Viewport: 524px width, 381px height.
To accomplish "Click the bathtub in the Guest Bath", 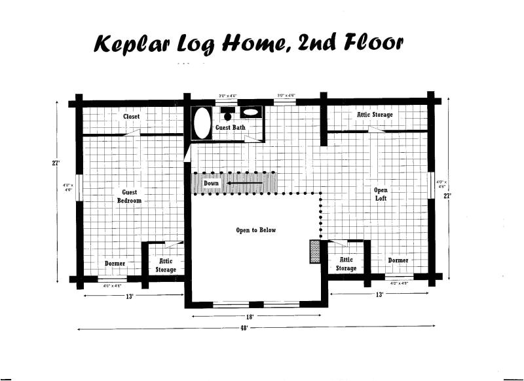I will pos(203,123).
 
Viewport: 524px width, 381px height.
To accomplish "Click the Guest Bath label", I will pos(231,128).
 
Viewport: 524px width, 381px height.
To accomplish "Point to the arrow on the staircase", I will pos(245,184).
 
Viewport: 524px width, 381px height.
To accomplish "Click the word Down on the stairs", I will pos(211,184).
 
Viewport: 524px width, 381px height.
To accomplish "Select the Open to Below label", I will pos(256,230).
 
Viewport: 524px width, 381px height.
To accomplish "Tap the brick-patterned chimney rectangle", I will pos(314,251).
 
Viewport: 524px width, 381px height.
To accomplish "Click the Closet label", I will pos(131,116).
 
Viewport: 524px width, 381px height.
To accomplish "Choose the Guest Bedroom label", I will pos(129,196).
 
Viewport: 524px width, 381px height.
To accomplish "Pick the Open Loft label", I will pos(381,194).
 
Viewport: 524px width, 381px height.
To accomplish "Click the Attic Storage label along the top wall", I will pos(375,115).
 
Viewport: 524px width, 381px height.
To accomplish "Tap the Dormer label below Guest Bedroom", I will pos(115,264).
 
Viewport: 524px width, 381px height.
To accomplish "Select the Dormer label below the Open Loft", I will pos(398,260).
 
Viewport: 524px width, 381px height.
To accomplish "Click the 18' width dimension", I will pos(249,316).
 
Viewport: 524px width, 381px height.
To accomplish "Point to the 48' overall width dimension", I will pos(244,328).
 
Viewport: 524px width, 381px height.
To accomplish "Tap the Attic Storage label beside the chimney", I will pos(346,264).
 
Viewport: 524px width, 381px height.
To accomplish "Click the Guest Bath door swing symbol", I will pos(250,138).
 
